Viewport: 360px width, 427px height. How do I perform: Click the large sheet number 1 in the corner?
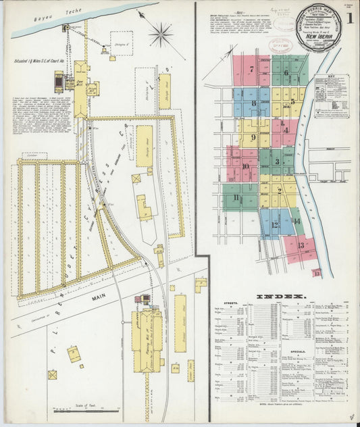coord(350,18)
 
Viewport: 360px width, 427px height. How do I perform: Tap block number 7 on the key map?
coord(251,70)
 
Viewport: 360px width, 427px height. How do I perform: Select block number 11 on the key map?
coord(236,197)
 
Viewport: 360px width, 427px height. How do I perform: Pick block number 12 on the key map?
coord(275,225)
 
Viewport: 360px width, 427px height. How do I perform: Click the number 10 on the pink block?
coord(245,166)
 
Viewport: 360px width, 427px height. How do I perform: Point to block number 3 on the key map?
coord(277,161)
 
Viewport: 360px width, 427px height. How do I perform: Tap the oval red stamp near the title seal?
coord(278,45)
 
